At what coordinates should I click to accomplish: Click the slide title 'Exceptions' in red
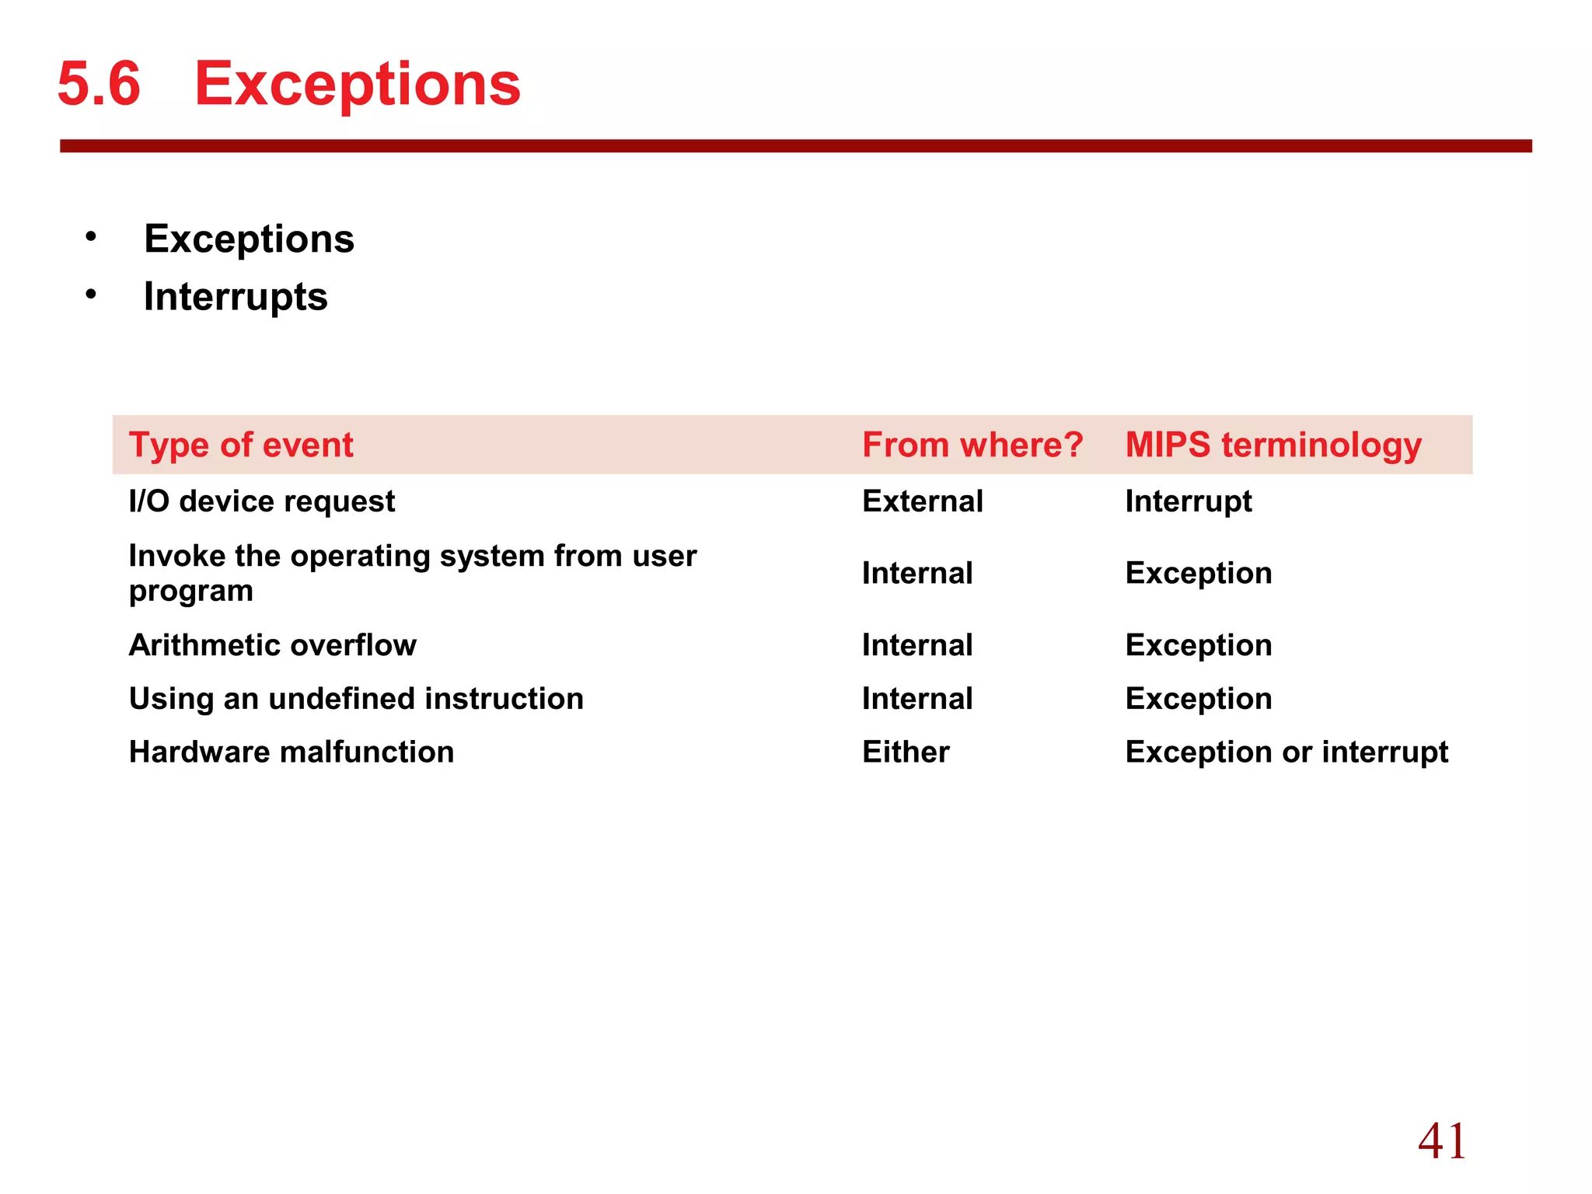[x=357, y=84]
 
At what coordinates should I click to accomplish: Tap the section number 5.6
[x=99, y=84]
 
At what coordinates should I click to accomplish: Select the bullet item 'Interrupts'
[x=236, y=297]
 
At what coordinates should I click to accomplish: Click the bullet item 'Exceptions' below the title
[x=249, y=239]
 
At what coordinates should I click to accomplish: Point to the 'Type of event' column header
[x=241, y=445]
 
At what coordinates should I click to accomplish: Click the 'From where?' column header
[x=972, y=445]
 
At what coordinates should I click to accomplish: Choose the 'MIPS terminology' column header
[x=1273, y=445]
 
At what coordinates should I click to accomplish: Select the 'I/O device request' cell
[x=262, y=501]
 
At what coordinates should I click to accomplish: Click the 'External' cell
[x=923, y=501]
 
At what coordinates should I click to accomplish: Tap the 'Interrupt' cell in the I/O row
[x=1189, y=501]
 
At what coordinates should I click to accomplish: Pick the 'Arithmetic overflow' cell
[x=273, y=645]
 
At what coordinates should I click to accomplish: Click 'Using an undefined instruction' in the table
[x=356, y=699]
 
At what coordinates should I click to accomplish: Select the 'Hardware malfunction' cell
[x=292, y=752]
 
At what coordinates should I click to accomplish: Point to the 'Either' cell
[x=906, y=752]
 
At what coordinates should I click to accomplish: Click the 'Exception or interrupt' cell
[x=1287, y=752]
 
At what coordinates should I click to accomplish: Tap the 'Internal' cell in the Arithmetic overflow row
[x=917, y=645]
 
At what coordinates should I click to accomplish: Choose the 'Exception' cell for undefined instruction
[x=1199, y=699]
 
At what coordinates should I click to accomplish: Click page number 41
[x=1442, y=1141]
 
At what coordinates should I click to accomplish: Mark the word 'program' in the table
[x=191, y=592]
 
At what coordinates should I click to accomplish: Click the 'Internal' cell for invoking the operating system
[x=917, y=574]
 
